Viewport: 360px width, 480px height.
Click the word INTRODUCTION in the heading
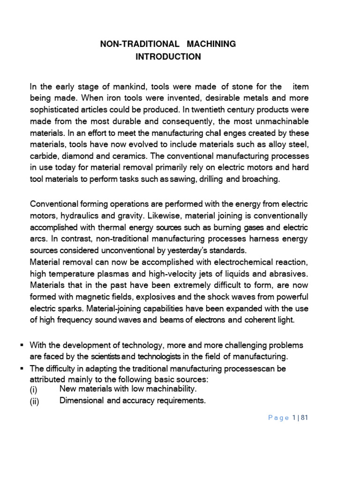(168, 57)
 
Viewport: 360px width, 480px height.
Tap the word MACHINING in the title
(211, 44)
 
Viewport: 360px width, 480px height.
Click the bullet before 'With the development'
(22, 345)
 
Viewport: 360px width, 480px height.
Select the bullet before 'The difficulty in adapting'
(22, 368)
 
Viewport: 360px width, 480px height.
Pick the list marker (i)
(35, 390)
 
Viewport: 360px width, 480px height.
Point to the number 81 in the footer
(303, 418)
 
